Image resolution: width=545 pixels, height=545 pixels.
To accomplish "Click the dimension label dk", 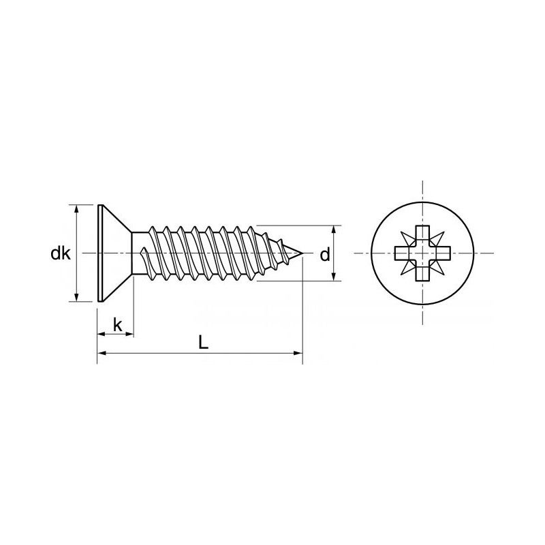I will click(60, 253).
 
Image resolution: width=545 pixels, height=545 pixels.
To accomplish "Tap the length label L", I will click(203, 343).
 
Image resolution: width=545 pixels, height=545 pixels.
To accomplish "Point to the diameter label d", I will click(325, 255).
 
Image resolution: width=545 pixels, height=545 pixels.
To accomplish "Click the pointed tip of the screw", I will click(300, 253).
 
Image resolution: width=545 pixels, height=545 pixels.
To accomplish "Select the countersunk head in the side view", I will click(114, 253).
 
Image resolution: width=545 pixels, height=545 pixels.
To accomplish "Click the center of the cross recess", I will click(423, 253).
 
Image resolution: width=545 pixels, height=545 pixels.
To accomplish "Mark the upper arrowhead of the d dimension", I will click(334, 230).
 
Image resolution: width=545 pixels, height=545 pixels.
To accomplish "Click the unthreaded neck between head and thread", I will click(140, 253).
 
